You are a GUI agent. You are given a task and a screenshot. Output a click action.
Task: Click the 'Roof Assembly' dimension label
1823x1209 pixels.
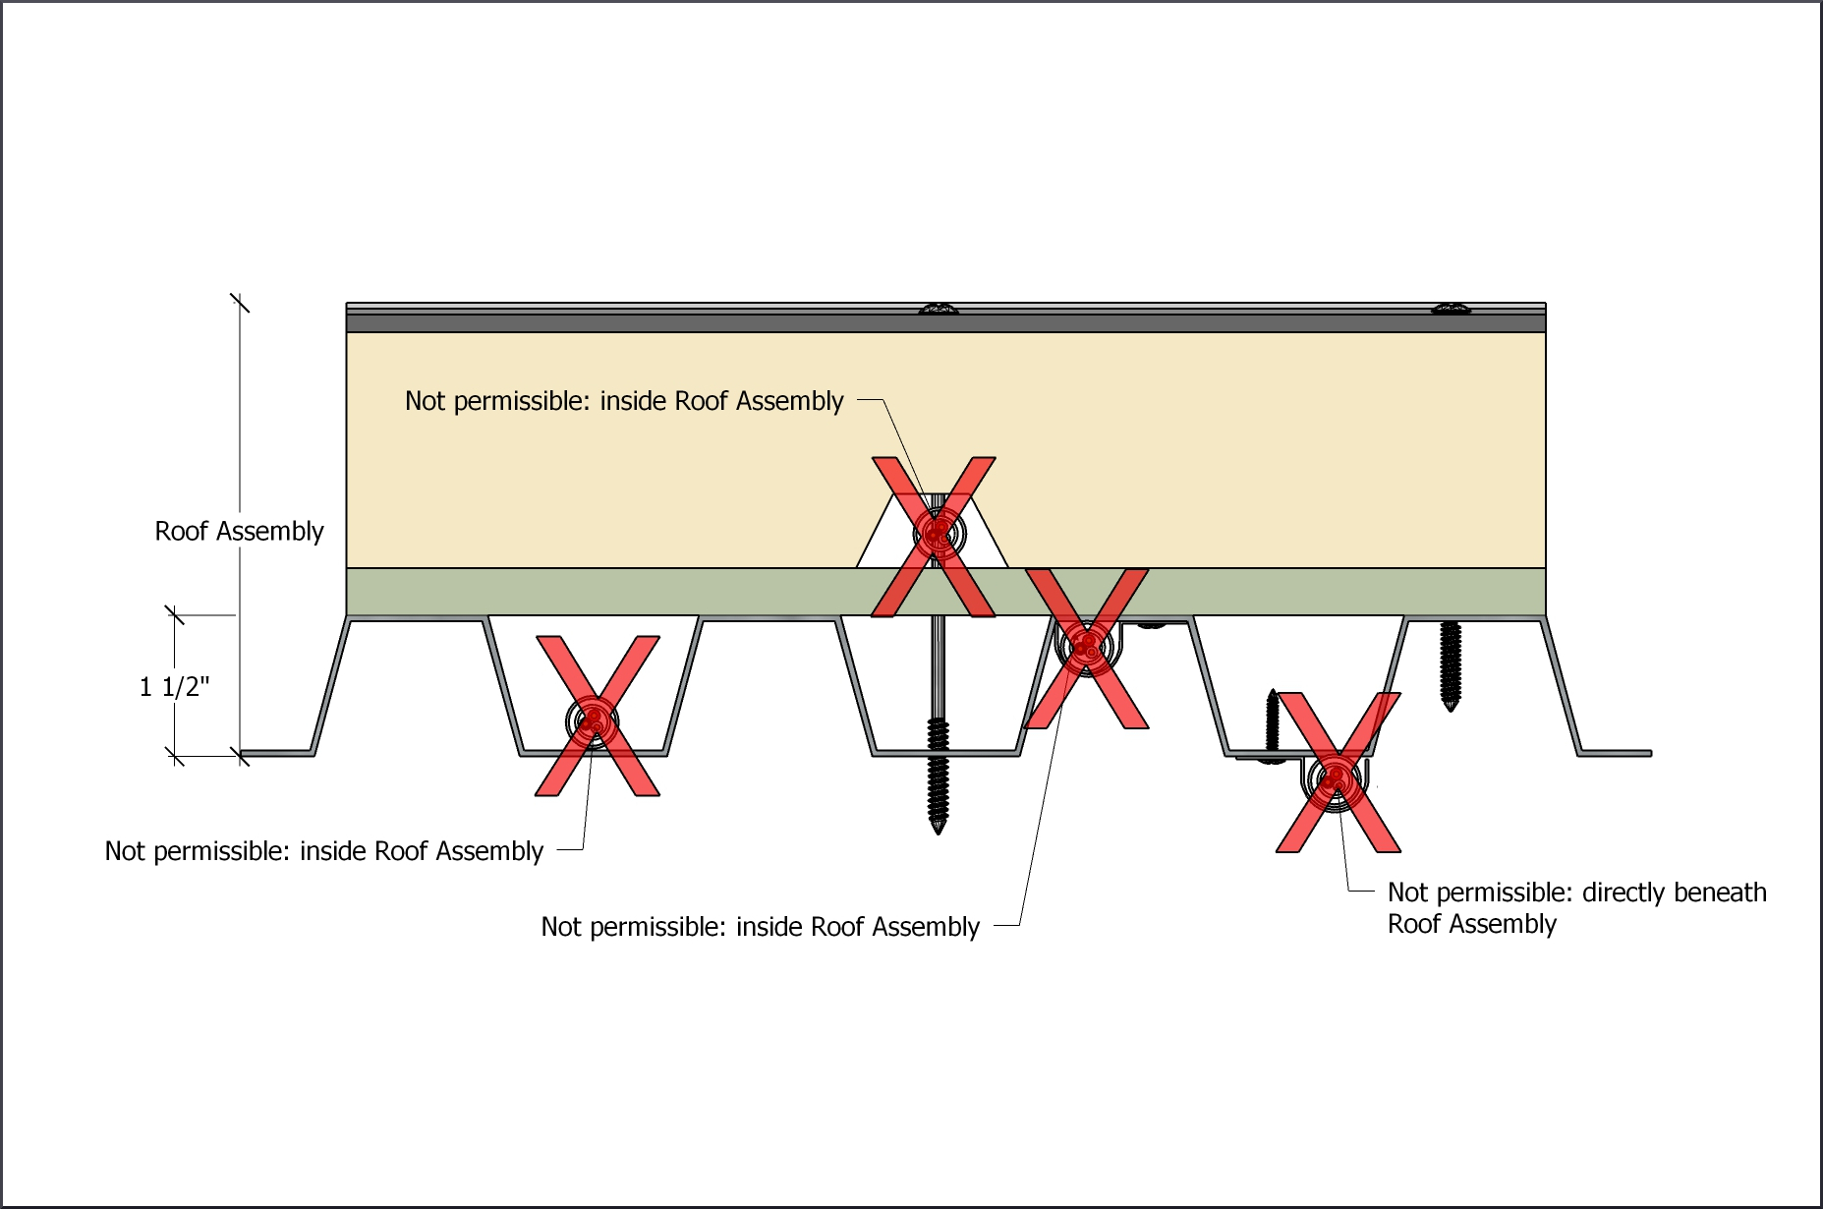pos(239,531)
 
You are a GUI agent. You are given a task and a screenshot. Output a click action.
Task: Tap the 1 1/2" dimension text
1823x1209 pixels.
pos(174,686)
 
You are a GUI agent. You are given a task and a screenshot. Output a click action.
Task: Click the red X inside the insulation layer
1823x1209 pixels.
pos(934,536)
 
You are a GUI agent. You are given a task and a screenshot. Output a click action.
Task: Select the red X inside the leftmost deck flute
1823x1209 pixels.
pos(597,716)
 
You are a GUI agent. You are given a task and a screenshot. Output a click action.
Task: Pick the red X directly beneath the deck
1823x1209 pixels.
pos(1338,773)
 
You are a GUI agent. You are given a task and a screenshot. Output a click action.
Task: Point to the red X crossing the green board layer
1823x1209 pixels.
pos(1086,648)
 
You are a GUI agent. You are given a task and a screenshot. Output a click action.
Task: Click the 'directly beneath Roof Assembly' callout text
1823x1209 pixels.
pos(1575,907)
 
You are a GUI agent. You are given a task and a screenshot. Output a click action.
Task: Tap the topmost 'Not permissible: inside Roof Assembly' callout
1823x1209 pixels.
pos(624,401)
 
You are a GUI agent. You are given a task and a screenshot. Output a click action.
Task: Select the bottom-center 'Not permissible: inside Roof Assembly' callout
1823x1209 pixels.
pos(760,927)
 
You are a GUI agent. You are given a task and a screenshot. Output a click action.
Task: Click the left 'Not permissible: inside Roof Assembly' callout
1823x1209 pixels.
pos(323,851)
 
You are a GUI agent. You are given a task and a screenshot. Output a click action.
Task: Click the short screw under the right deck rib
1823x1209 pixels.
pos(1451,664)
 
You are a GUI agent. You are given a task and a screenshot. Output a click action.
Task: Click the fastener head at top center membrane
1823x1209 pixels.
pos(939,310)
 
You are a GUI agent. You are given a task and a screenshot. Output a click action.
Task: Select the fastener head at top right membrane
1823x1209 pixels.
pos(1451,310)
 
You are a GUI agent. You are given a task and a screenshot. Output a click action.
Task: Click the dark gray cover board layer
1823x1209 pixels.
pos(688,323)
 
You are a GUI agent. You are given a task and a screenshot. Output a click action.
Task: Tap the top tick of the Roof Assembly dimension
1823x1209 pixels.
pos(240,303)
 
